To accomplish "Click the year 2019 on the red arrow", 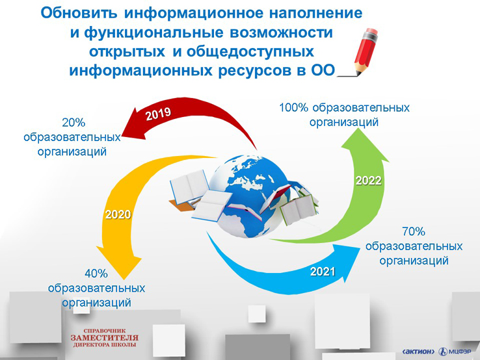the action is (x=158, y=114).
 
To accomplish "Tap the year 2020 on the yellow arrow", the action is (x=118, y=214).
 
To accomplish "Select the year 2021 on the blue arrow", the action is (x=323, y=272).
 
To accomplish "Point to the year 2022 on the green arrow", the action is (x=369, y=181).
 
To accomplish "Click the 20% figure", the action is (x=73, y=123).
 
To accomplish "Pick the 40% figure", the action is (x=96, y=274).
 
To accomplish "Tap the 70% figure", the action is (x=414, y=231).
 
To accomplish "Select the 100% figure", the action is (x=293, y=108).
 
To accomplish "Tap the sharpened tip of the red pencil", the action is (x=358, y=73).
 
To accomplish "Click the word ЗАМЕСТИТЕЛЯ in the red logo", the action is (x=104, y=338).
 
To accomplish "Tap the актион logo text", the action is (x=418, y=352).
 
